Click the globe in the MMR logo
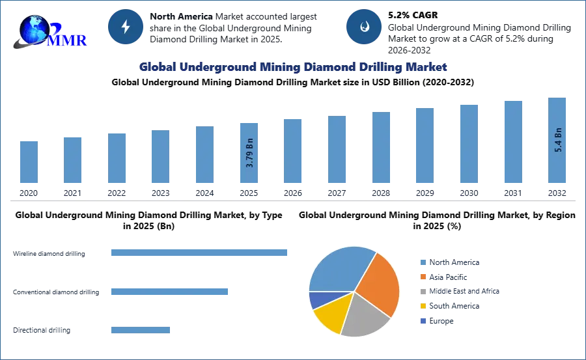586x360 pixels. pos(33,27)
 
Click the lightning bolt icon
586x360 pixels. pos(126,27)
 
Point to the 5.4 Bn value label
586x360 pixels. pos(558,140)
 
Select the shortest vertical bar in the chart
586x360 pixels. pos(29,163)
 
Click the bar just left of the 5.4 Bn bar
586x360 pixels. pos(513,143)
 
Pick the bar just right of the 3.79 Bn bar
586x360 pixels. pos(292,150)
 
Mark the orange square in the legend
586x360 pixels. pos(423,277)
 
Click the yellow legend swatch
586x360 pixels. pos(423,307)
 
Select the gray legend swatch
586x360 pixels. pos(423,292)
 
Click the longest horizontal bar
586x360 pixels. pos(200,253)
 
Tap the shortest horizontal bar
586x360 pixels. pos(141,328)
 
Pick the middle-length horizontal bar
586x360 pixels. pos(169,291)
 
